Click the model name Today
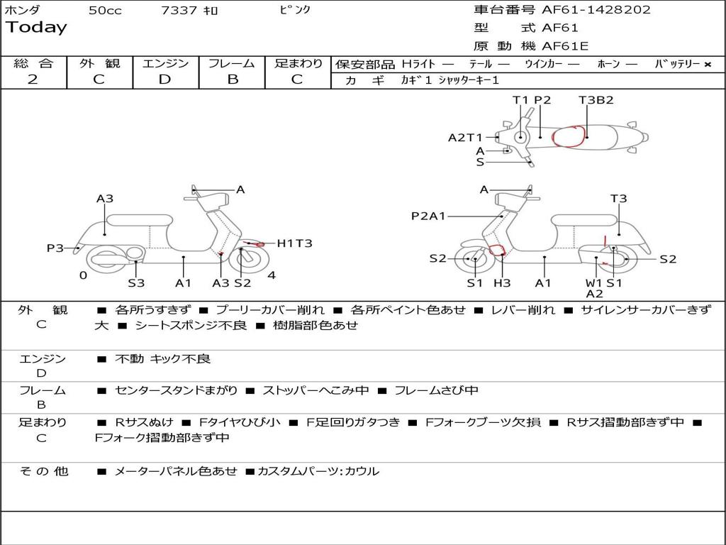click(x=36, y=28)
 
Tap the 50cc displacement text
click(x=105, y=11)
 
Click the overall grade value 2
click(x=33, y=79)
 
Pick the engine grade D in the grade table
click(x=165, y=79)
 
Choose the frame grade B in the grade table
click(x=232, y=79)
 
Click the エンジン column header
click(x=165, y=64)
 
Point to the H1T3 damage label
click(x=294, y=243)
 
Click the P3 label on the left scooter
click(x=55, y=248)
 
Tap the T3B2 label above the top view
click(x=596, y=100)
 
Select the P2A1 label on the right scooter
click(x=428, y=216)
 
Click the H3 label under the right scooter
click(x=502, y=283)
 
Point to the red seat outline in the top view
click(x=570, y=136)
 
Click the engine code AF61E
click(x=565, y=46)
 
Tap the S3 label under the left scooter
click(x=136, y=283)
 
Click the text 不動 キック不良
click(x=163, y=359)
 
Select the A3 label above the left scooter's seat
click(x=105, y=199)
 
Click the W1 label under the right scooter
click(x=593, y=283)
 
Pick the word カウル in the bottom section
click(x=362, y=471)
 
